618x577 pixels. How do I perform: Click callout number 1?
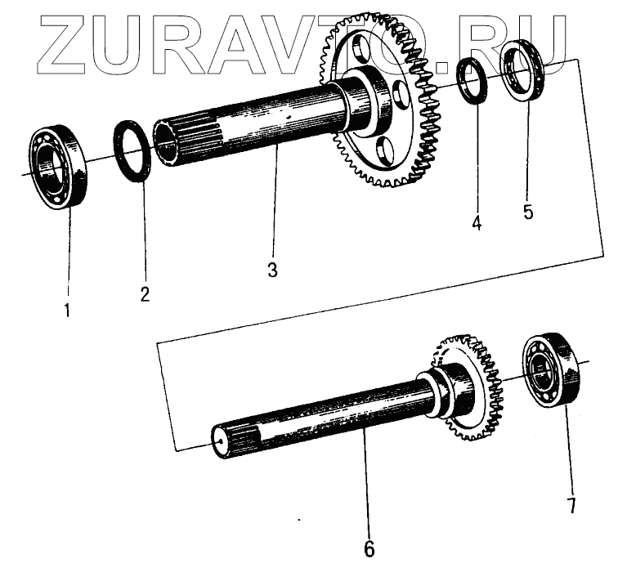(67, 311)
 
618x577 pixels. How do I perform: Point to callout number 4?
(476, 222)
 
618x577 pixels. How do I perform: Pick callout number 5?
(528, 212)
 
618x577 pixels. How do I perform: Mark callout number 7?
(572, 505)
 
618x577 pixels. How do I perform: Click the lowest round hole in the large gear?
(384, 150)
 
